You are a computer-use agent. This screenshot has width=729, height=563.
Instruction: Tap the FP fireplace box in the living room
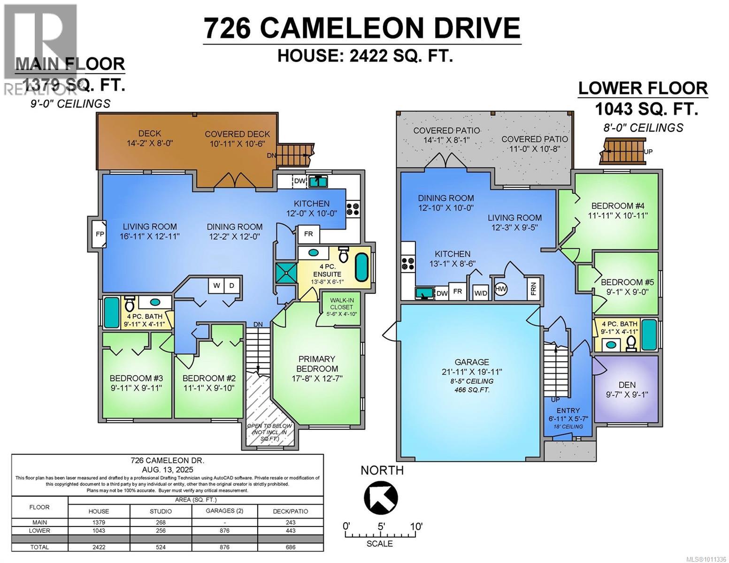click(100, 233)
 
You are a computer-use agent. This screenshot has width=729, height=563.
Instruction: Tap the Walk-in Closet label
click(341, 304)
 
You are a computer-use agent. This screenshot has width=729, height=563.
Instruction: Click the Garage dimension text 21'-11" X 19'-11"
click(471, 372)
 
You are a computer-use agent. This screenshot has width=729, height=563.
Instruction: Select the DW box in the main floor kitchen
click(299, 181)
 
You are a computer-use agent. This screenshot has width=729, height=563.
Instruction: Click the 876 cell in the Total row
click(225, 547)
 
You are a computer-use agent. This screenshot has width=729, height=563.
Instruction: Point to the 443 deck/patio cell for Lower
click(291, 531)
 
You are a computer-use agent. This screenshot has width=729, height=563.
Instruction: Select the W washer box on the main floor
click(216, 285)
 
